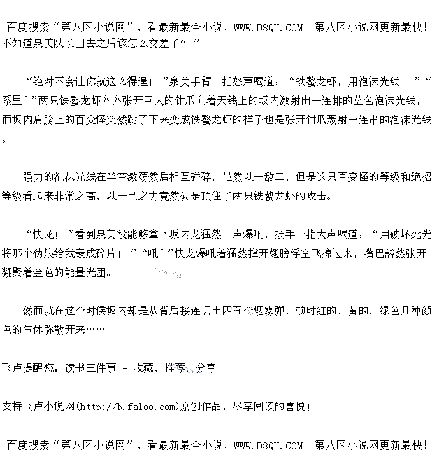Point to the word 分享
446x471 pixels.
tap(206, 368)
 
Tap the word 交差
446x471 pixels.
tap(164, 43)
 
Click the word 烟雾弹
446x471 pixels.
tap(270, 311)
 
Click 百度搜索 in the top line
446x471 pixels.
tap(28, 27)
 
